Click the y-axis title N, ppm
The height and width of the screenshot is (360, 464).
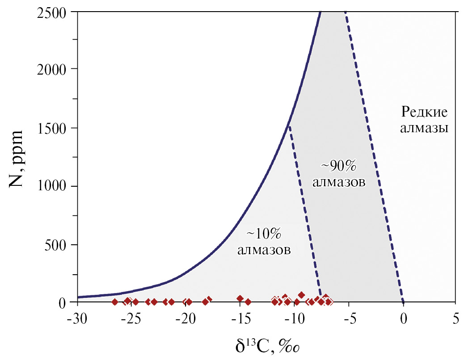click(x=16, y=159)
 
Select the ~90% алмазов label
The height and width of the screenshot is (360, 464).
click(x=339, y=174)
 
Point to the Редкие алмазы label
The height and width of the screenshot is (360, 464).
click(x=424, y=119)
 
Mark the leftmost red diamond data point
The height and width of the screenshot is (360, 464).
click(x=114, y=302)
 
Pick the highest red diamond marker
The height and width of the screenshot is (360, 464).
click(x=301, y=295)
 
